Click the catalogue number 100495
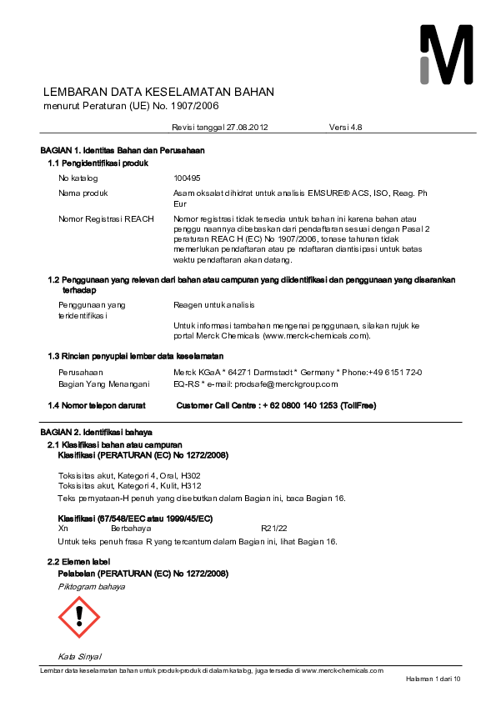pyautogui.click(x=187, y=178)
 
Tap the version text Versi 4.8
pyautogui.click(x=346, y=127)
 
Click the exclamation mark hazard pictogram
pyautogui.click(x=79, y=617)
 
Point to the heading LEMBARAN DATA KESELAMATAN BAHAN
pyautogui.click(x=158, y=92)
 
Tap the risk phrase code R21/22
pyautogui.click(x=274, y=529)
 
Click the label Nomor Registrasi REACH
pyautogui.click(x=106, y=218)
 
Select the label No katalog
pyautogui.click(x=78, y=178)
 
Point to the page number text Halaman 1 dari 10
pyautogui.click(x=433, y=679)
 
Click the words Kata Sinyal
pyautogui.click(x=79, y=655)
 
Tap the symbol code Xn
pyautogui.click(x=63, y=529)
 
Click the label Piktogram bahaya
pyautogui.click(x=91, y=586)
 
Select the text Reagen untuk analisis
pyautogui.click(x=213, y=305)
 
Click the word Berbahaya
pyautogui.click(x=131, y=529)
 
